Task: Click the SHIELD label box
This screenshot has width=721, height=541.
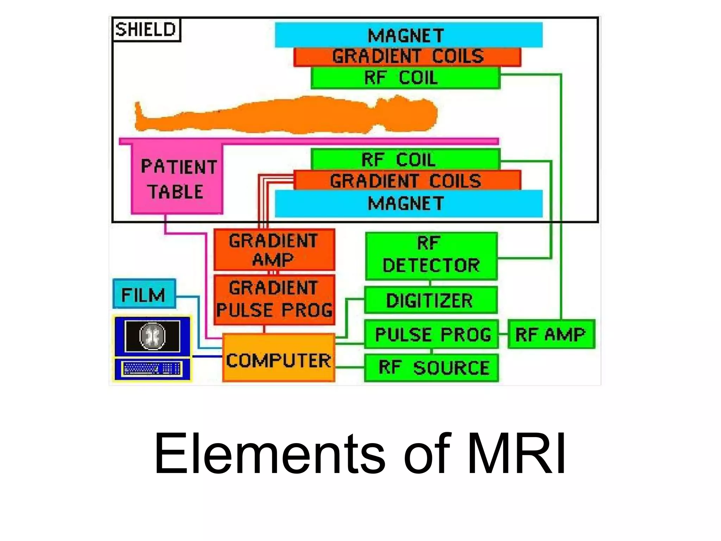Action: (x=146, y=30)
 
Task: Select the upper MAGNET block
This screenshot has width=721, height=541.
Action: (x=408, y=35)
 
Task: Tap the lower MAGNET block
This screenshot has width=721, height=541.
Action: (x=408, y=203)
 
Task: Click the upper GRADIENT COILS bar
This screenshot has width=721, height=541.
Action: (x=407, y=57)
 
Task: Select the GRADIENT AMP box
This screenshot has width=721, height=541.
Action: (x=274, y=250)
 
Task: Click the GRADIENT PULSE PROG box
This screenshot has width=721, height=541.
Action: (x=274, y=299)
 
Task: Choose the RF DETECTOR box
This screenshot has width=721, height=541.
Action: (x=431, y=256)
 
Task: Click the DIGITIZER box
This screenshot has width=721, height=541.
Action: (x=431, y=300)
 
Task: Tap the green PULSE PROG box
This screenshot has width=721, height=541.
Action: (x=431, y=334)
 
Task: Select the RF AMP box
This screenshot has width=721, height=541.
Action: (x=551, y=334)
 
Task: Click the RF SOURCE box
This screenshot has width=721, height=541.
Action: (x=431, y=368)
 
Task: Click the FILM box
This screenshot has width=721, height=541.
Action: (x=144, y=294)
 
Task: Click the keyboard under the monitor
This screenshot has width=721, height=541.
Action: (x=152, y=369)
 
